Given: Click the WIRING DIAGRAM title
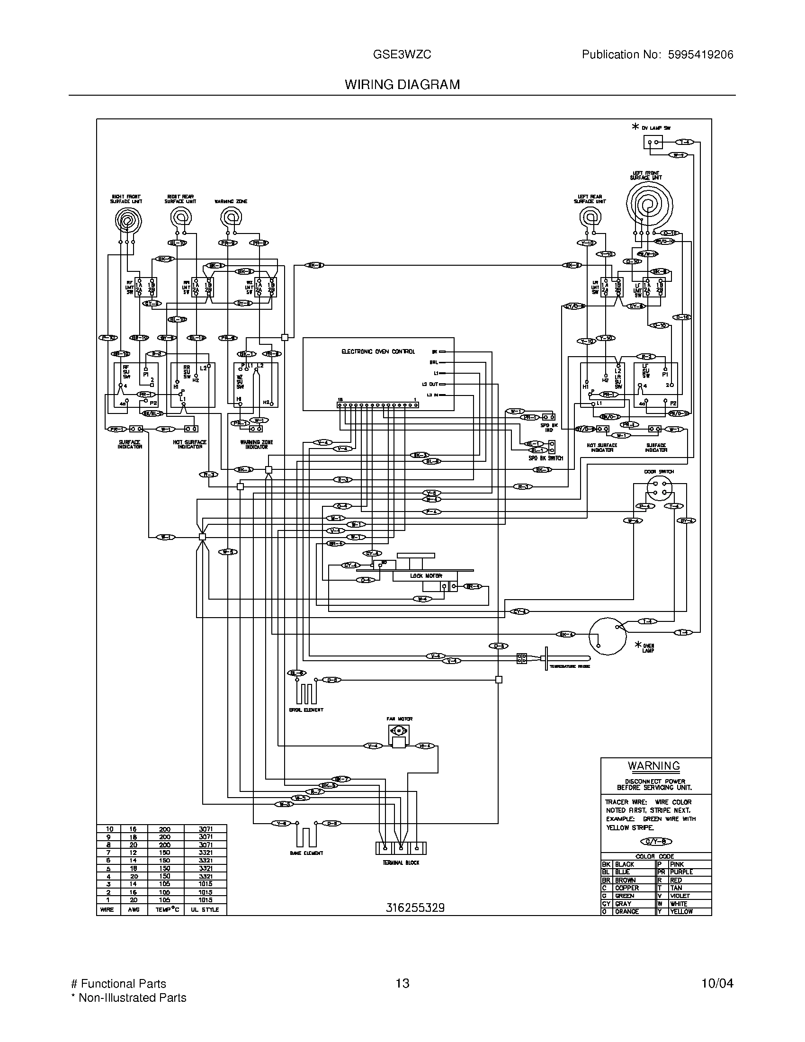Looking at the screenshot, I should point(402,84).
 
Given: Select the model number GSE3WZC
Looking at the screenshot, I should point(402,54).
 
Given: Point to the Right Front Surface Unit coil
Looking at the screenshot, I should point(128,221).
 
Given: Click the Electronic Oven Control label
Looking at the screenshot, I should point(378,351).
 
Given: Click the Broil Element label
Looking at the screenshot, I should point(306,710).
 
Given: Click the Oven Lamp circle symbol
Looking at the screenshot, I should point(607,636).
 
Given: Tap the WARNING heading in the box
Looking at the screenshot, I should point(653,766).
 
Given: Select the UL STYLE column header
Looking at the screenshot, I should point(205,910).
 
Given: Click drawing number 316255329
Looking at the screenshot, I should point(415,908).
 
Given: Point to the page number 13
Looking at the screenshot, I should point(402,983).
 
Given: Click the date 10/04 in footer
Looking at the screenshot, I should point(717,983).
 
